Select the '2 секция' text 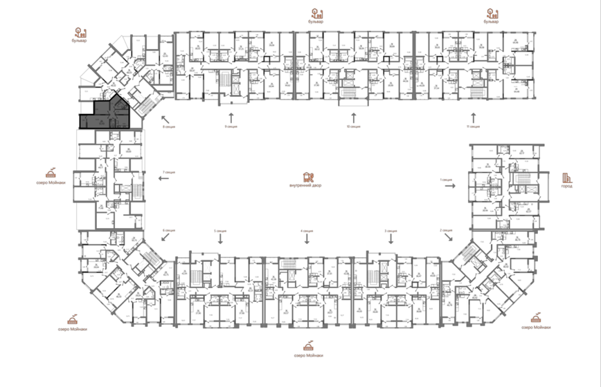(x=446, y=230)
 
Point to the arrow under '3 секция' (x=390, y=238)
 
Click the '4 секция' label (x=307, y=230)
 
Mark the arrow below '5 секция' (x=221, y=238)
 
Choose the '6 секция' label (x=168, y=229)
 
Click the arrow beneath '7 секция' (x=164, y=178)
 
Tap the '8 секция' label (x=168, y=127)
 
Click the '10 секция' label (x=355, y=126)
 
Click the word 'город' (x=566, y=187)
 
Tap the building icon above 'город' (x=566, y=176)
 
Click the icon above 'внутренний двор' (x=307, y=176)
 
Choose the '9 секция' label (x=231, y=126)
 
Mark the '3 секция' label (x=390, y=230)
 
